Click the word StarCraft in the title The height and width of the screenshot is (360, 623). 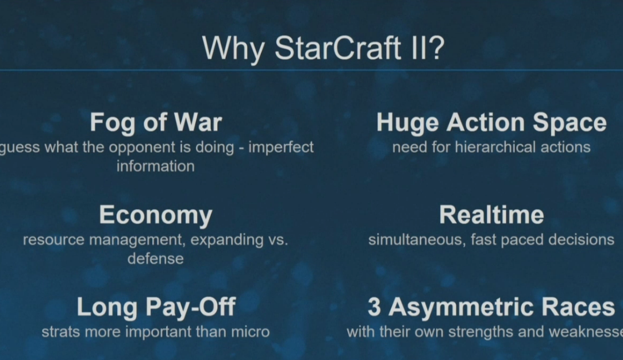point(338,48)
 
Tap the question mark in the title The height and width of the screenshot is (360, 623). point(436,48)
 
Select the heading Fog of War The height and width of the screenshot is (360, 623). point(156,123)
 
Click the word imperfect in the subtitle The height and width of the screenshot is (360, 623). point(281,147)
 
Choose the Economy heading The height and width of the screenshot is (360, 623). point(156,215)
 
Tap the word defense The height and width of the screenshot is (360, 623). point(155,259)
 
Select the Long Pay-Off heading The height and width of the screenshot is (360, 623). point(156,307)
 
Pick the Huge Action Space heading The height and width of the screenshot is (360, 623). point(491,123)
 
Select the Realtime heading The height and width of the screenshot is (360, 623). point(491,215)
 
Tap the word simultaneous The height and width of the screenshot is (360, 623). point(417,240)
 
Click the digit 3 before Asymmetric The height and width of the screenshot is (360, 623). point(374,307)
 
